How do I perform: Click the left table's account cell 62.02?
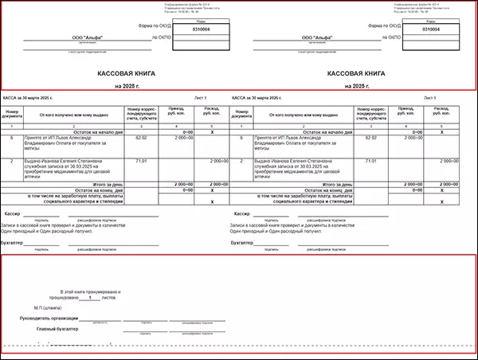141,139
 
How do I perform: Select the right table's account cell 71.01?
370,161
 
